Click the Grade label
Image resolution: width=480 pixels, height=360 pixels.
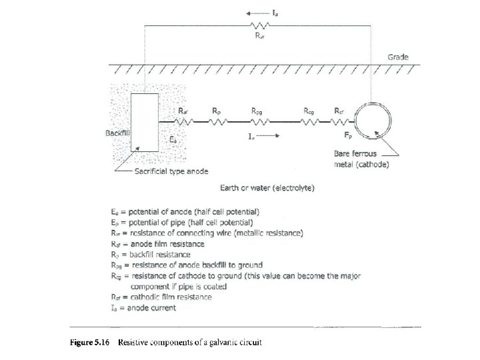pos(398,57)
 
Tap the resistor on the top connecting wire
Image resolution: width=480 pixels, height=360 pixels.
pos(259,25)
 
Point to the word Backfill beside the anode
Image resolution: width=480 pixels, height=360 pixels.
pos(118,133)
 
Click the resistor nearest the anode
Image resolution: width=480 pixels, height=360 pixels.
pos(183,122)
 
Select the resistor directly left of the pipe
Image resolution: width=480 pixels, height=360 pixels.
pos(340,122)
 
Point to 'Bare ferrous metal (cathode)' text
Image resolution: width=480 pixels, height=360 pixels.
pos(361,159)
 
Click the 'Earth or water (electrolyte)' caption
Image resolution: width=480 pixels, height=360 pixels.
pos(269,187)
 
